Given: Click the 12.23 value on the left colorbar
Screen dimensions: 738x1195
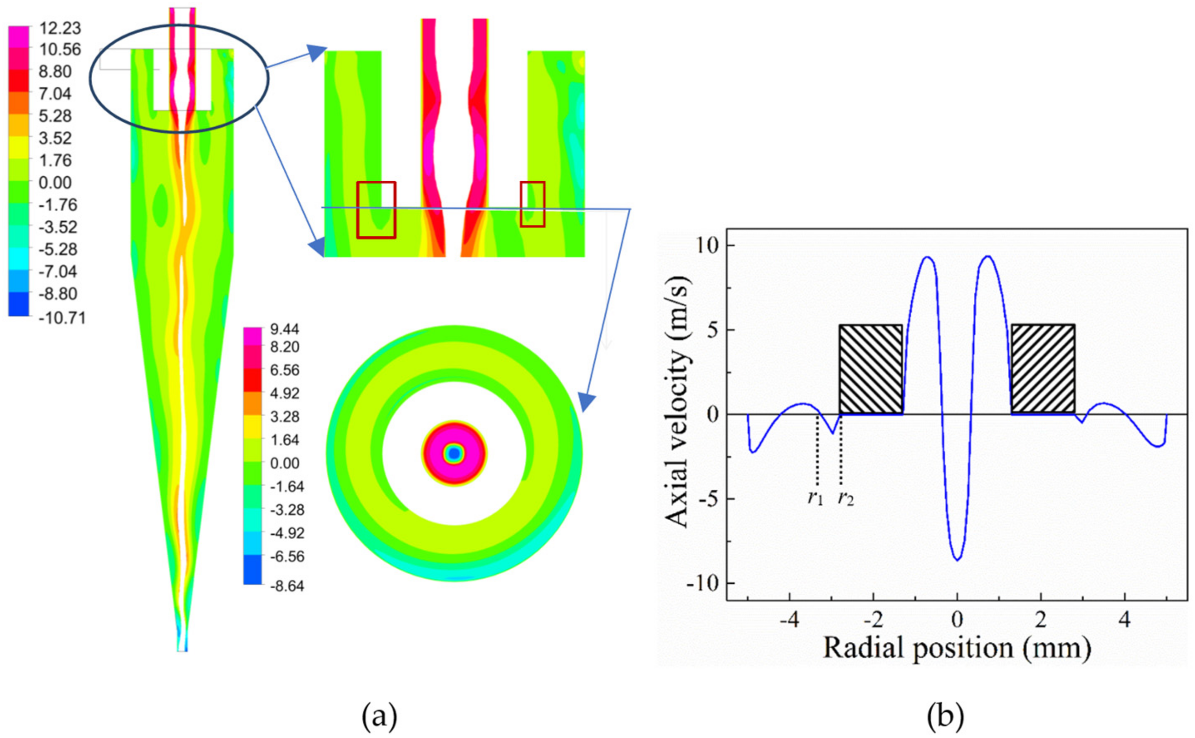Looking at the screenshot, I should [x=59, y=28].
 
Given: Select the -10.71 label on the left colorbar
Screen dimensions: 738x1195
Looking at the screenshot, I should [x=62, y=318].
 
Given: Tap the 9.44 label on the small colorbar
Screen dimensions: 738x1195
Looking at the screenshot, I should [x=284, y=329].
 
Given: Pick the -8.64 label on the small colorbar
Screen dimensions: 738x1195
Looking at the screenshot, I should [x=287, y=585].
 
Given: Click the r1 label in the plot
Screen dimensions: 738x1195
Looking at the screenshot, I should [x=815, y=498].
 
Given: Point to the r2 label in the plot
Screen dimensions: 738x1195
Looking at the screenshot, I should [x=846, y=498].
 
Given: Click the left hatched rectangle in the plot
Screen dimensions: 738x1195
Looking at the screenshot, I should [x=871, y=369].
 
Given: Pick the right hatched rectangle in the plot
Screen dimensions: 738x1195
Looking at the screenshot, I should [x=1043, y=369].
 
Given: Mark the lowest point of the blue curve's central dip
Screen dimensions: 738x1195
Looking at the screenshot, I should [x=957, y=560].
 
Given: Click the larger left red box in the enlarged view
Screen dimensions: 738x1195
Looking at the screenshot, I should [x=376, y=210].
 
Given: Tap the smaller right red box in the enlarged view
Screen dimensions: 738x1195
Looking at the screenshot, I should [x=532, y=204].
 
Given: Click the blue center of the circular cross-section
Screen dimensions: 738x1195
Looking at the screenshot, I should [x=454, y=454].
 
